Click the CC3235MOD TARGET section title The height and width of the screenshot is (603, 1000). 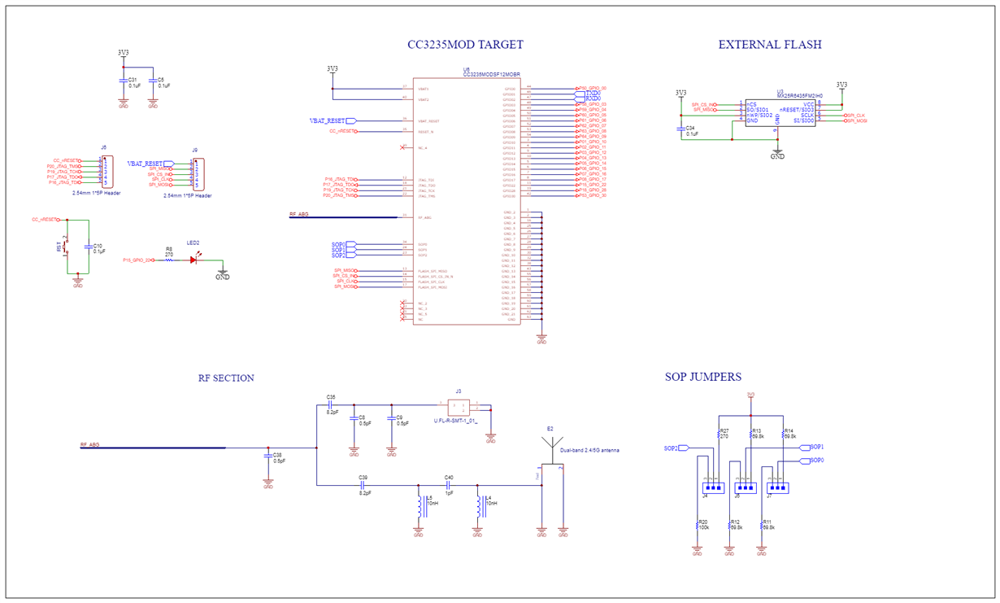pyautogui.click(x=465, y=45)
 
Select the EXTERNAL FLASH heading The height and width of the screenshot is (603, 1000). pyautogui.click(x=769, y=45)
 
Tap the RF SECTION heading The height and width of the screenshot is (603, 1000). pyautogui.click(x=226, y=378)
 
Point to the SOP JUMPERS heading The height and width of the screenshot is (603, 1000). pyautogui.click(x=702, y=377)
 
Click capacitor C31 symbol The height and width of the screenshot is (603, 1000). pyautogui.click(x=124, y=82)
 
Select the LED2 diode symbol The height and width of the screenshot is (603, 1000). pyautogui.click(x=193, y=260)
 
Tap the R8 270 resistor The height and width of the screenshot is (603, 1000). pyautogui.click(x=169, y=260)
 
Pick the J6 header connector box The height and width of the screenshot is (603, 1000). pyautogui.click(x=103, y=171)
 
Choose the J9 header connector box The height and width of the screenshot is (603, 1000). pyautogui.click(x=195, y=173)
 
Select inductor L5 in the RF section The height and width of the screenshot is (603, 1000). pyautogui.click(x=420, y=507)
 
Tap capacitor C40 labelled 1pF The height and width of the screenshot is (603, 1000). pyautogui.click(x=449, y=485)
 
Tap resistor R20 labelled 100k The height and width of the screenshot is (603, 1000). pyautogui.click(x=698, y=525)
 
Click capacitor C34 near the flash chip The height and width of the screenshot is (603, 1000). pyautogui.click(x=681, y=128)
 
